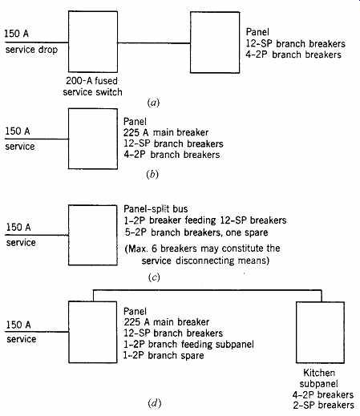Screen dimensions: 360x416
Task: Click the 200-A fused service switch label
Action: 92,87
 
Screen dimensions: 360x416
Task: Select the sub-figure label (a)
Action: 153,103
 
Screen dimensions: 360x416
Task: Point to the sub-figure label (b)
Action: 152,174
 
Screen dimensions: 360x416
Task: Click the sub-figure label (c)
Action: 154,277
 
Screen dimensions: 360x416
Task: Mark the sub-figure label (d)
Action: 155,403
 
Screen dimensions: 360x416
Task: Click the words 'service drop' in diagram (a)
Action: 31,50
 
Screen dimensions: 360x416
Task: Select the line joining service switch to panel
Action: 154,42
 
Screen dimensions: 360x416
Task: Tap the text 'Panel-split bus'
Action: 156,209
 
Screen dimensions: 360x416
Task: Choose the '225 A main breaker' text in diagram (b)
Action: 166,132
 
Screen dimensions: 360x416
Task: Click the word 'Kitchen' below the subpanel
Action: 319,373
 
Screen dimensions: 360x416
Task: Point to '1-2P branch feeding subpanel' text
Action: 188,344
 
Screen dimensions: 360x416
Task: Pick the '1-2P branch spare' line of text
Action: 164,355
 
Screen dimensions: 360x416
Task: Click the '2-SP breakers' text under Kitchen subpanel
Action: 323,405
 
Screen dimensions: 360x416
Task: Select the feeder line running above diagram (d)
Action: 208,290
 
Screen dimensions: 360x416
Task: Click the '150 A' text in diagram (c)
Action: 18,228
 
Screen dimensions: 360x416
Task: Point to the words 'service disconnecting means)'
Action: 205,261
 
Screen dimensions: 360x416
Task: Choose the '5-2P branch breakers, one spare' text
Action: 196,232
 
